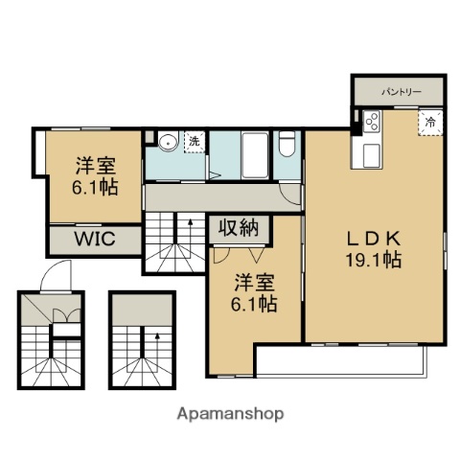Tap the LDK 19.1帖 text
[x=373, y=248]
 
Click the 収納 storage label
[x=239, y=228]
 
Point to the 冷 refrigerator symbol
[x=429, y=122]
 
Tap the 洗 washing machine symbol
[x=194, y=142]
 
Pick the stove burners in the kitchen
[x=371, y=122]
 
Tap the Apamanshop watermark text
[x=229, y=414]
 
